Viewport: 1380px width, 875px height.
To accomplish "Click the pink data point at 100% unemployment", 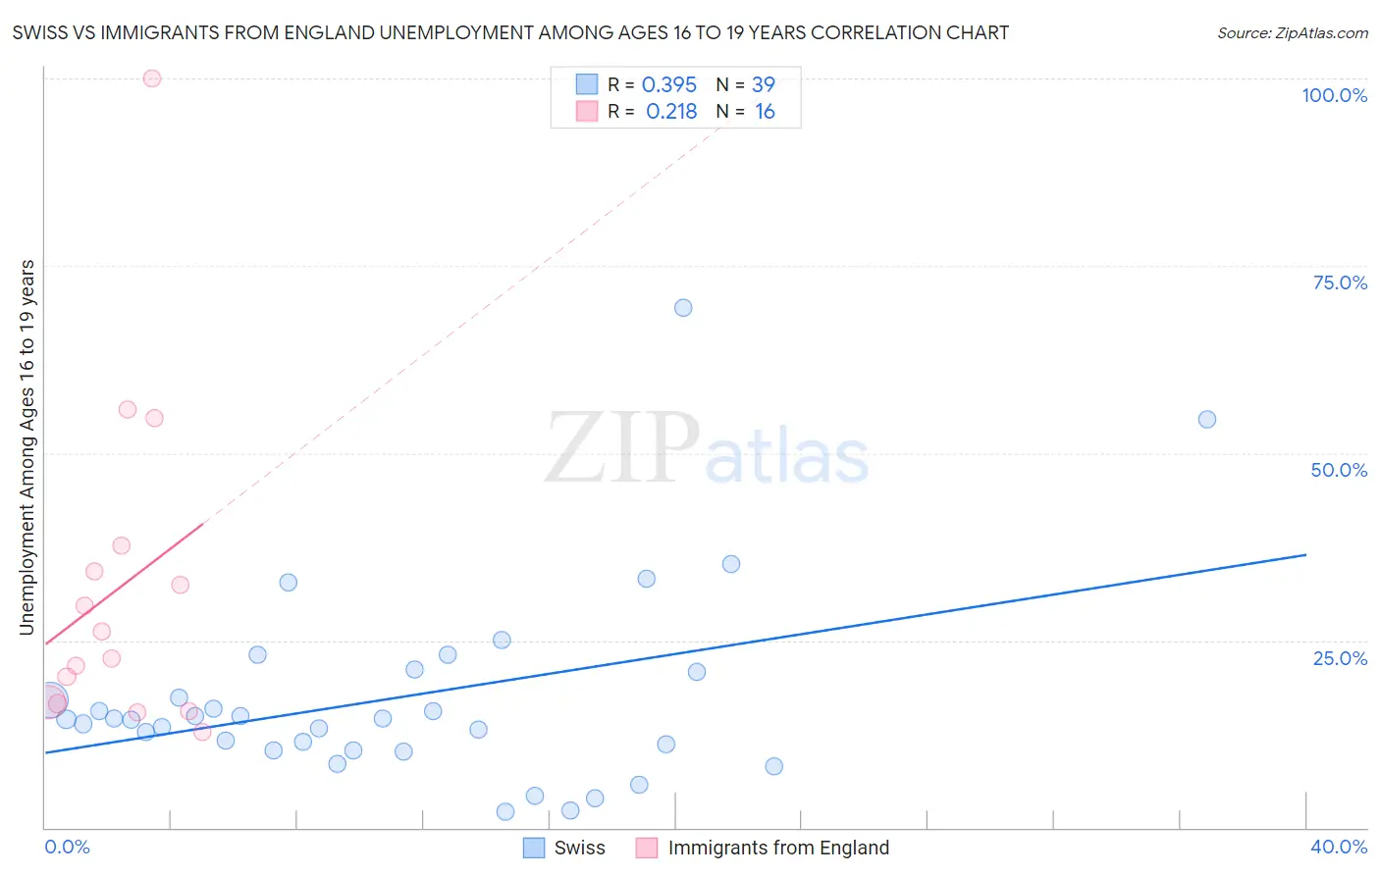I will click(x=152, y=78).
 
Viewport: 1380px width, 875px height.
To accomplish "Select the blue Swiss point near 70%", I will click(x=683, y=308).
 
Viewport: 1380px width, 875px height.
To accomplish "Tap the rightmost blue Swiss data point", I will click(x=1207, y=420).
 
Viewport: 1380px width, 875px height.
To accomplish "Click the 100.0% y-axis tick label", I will click(x=1334, y=95).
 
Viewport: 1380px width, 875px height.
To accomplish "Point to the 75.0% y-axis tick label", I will click(x=1340, y=283).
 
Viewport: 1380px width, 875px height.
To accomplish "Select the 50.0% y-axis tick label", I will click(x=1339, y=470).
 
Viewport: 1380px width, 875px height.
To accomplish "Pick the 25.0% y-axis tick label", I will click(x=1340, y=658).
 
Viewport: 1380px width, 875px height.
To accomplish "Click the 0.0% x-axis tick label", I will click(x=68, y=847).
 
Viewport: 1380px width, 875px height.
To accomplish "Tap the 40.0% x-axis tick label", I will click(x=1339, y=847).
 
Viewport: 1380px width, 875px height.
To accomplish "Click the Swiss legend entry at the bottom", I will click(x=579, y=848).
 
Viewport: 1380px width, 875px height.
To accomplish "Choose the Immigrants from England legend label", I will click(x=778, y=848).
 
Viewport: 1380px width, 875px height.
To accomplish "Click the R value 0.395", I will click(x=669, y=85).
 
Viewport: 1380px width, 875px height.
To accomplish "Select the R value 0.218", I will click(x=671, y=112).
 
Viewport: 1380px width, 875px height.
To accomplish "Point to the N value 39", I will click(x=764, y=85).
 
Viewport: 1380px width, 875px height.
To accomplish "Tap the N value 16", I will click(x=765, y=112).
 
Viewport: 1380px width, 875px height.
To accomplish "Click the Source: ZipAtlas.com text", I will click(x=1293, y=33).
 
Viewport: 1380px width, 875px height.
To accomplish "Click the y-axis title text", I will click(x=27, y=447).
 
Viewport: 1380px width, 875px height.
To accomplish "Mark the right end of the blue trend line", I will click(x=1305, y=555).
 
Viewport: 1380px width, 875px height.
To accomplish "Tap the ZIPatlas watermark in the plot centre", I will click(x=707, y=449).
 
